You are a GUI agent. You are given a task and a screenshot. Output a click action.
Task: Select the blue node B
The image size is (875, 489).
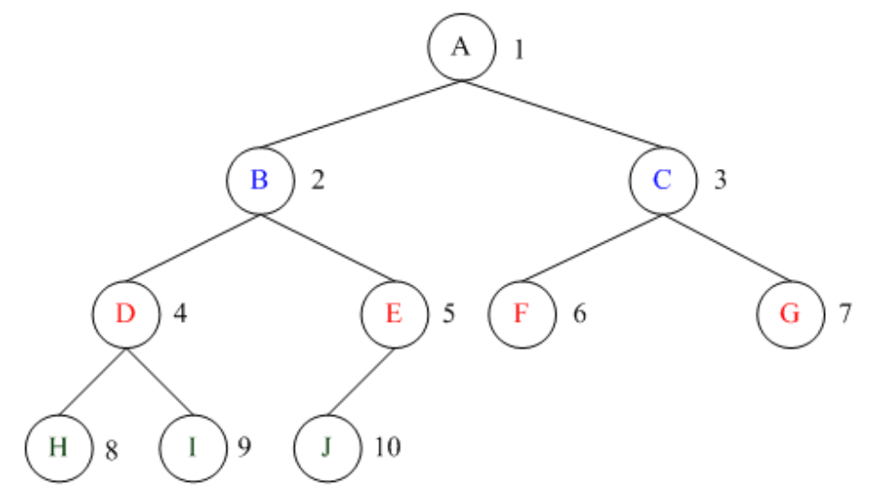260,180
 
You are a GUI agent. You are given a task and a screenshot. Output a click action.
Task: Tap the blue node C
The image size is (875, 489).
662,180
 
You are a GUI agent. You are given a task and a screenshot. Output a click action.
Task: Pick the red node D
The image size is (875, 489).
126,314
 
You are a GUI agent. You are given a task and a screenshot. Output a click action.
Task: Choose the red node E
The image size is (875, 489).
394,314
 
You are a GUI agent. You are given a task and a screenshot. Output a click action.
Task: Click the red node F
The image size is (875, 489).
520,314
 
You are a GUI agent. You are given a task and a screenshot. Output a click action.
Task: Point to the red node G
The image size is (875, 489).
790,314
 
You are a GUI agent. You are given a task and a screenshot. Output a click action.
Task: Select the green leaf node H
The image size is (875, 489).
58,447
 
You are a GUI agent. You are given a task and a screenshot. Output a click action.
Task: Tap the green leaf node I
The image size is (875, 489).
192,447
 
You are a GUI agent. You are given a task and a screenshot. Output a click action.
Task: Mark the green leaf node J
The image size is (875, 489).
327,447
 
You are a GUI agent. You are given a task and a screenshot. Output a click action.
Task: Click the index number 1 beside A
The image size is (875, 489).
518,49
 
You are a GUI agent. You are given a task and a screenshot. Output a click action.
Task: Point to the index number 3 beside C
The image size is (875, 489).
719,180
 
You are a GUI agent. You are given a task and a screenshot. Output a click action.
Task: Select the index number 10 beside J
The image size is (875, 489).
387,447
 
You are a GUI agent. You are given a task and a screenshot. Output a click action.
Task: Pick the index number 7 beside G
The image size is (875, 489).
845,314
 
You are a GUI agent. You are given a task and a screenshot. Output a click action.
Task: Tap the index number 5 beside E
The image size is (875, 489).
448,314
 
